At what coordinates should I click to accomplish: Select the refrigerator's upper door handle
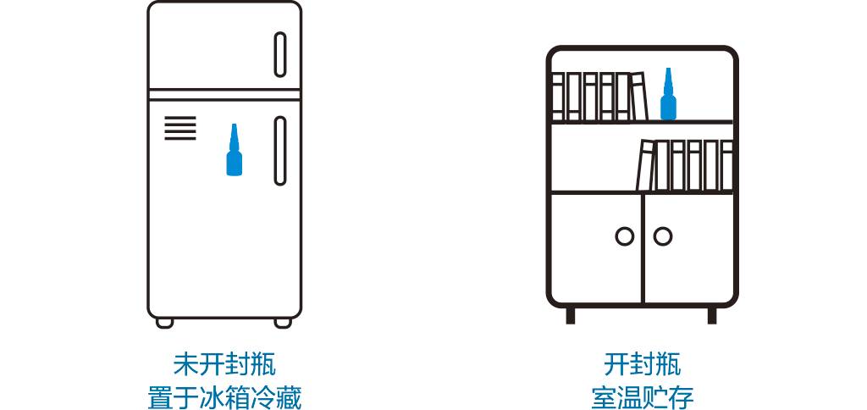click(x=280, y=54)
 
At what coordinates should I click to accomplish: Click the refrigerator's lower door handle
click(x=280, y=151)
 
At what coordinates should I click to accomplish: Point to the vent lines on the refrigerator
click(x=179, y=129)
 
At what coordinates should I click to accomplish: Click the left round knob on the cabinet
click(x=625, y=236)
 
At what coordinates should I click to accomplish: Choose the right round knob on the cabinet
click(x=663, y=236)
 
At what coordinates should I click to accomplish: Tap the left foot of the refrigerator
click(x=164, y=323)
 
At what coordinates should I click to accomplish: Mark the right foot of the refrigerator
click(x=283, y=323)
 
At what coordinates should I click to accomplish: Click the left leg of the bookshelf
click(x=571, y=315)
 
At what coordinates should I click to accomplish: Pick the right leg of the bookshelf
click(x=712, y=315)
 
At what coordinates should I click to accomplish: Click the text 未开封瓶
click(x=224, y=365)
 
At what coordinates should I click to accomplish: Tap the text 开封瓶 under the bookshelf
click(x=642, y=365)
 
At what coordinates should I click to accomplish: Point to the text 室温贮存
click(x=642, y=396)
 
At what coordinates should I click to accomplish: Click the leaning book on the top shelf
click(x=639, y=96)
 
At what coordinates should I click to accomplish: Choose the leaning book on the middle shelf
click(x=645, y=166)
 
